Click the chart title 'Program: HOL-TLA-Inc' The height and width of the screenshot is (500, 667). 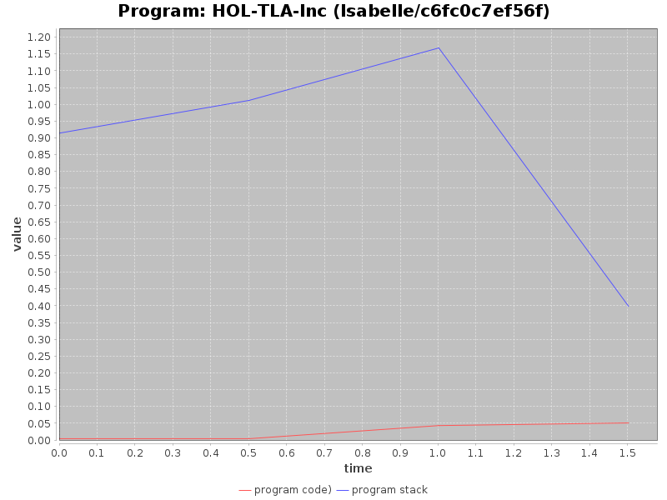click(333, 12)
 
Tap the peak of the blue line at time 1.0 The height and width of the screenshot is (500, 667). click(439, 47)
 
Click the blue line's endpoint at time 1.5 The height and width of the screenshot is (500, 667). click(628, 306)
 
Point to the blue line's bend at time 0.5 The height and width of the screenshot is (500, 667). click(248, 100)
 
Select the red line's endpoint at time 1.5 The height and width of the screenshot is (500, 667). click(628, 422)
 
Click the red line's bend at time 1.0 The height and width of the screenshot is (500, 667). click(439, 425)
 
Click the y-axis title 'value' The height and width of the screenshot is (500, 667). click(17, 234)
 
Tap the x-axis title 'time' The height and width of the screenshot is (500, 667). click(358, 468)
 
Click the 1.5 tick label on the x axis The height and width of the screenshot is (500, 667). click(628, 452)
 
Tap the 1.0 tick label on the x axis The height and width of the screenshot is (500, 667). click(439, 452)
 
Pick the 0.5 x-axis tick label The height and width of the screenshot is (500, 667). click(248, 452)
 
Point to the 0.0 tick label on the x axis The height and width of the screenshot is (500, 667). click(59, 452)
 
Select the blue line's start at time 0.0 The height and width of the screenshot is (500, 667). click(60, 132)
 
